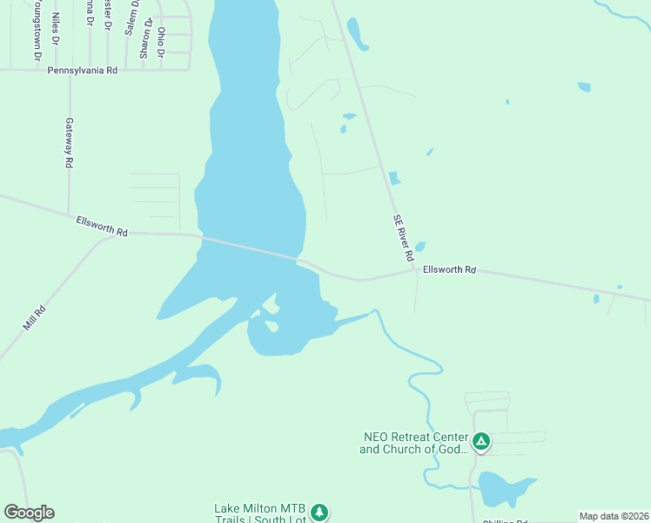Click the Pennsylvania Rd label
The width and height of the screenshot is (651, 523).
(x=82, y=70)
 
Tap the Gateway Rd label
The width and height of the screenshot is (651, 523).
(x=68, y=143)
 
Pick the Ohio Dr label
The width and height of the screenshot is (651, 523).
(x=161, y=42)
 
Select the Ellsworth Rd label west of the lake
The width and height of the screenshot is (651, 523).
(x=102, y=227)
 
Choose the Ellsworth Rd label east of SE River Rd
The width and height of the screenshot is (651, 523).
(x=449, y=270)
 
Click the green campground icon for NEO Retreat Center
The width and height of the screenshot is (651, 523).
(x=481, y=441)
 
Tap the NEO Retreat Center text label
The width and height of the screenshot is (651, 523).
(x=415, y=443)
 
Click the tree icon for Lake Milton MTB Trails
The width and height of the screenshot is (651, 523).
(x=320, y=512)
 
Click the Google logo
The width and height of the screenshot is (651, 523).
(x=29, y=512)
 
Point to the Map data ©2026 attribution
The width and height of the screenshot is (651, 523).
(x=614, y=516)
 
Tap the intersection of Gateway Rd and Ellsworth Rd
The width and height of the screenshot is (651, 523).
(x=69, y=216)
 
